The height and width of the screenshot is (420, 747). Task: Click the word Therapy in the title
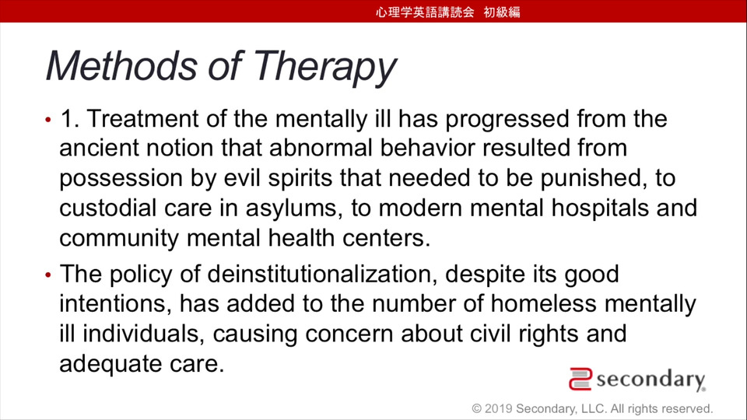(x=324, y=66)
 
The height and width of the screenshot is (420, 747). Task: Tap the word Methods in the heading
(x=121, y=65)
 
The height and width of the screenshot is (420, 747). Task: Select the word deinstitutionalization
(x=321, y=274)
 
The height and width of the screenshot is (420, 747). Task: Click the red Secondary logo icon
(x=580, y=379)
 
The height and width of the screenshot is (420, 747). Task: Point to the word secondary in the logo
(x=651, y=380)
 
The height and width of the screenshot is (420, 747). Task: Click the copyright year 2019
(x=498, y=408)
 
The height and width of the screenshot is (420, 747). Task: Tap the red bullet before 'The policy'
(x=48, y=275)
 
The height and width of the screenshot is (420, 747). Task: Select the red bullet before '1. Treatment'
(x=48, y=120)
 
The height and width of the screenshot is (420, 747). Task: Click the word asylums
(x=294, y=209)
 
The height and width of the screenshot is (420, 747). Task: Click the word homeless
(x=544, y=303)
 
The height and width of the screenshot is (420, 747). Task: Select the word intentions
(x=115, y=304)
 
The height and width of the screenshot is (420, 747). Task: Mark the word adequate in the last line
(x=111, y=364)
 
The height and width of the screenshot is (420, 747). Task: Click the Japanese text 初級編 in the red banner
(x=502, y=12)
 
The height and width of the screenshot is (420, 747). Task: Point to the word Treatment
(x=142, y=118)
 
